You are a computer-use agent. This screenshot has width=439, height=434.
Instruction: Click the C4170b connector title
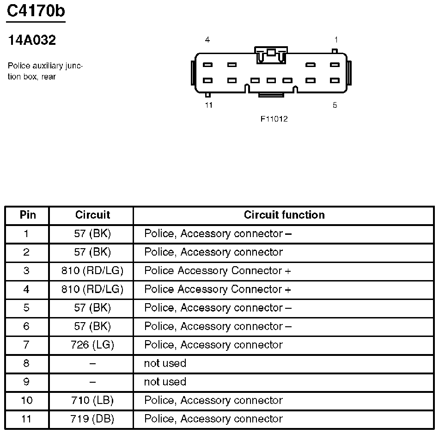pyautogui.click(x=36, y=12)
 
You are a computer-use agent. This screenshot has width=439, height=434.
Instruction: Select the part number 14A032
pyautogui.click(x=32, y=41)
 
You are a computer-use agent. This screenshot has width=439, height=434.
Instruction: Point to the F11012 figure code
pyautogui.click(x=274, y=119)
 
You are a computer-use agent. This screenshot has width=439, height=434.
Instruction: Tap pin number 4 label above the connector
pyautogui.click(x=207, y=40)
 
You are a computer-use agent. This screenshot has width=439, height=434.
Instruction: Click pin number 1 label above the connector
pyautogui.click(x=336, y=40)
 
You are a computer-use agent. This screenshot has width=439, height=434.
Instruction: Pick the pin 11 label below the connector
pyautogui.click(x=209, y=105)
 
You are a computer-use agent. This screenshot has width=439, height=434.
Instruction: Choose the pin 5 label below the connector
pyautogui.click(x=335, y=105)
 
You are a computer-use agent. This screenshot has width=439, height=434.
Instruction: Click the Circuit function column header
pyautogui.click(x=284, y=215)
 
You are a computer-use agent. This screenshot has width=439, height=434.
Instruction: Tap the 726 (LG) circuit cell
pyautogui.click(x=92, y=345)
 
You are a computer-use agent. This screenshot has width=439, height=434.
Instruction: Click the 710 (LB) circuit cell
pyautogui.click(x=92, y=400)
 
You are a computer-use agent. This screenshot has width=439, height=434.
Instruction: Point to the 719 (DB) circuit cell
pyautogui.click(x=92, y=419)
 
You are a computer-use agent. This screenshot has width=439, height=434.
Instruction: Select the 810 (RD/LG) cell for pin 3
pyautogui.click(x=92, y=271)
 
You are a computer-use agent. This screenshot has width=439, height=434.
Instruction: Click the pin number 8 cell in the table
pyautogui.click(x=26, y=363)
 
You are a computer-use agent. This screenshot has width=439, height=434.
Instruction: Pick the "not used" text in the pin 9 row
pyautogui.click(x=165, y=382)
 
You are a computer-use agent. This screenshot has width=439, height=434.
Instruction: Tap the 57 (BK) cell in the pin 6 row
pyautogui.click(x=92, y=326)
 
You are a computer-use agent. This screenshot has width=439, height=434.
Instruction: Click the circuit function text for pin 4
pyautogui.click(x=218, y=289)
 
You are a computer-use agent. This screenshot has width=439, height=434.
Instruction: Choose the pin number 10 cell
pyautogui.click(x=27, y=400)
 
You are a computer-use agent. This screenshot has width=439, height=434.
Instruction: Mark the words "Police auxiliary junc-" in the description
pyautogui.click(x=45, y=66)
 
